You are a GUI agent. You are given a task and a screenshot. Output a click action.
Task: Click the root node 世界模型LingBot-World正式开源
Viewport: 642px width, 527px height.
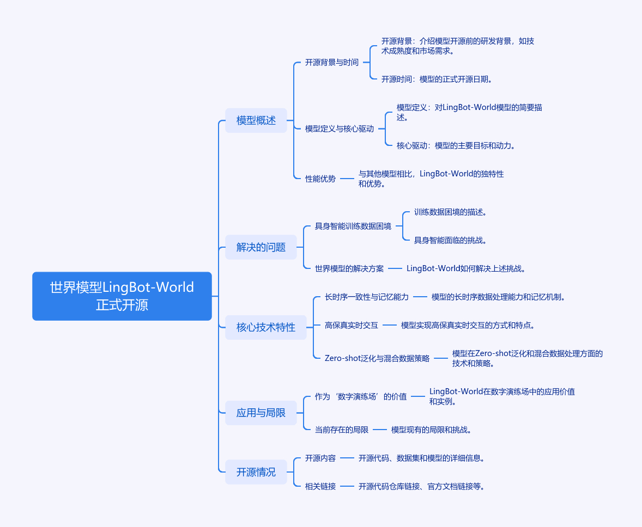pos(122,296)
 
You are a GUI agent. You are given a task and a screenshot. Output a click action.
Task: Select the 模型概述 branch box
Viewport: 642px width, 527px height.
pos(256,120)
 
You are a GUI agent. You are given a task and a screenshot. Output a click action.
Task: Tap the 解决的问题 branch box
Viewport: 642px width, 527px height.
pos(261,247)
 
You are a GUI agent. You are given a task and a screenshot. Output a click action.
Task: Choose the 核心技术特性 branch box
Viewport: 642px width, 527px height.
pos(265,327)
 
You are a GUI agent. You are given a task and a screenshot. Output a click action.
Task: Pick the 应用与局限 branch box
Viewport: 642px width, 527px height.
pos(261,413)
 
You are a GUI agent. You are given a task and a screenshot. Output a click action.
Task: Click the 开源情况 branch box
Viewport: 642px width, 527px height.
pos(256,472)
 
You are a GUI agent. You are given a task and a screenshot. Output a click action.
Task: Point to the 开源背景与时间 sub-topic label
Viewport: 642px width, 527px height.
pos(331,63)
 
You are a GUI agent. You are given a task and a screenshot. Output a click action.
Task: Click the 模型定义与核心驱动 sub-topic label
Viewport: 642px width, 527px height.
pos(339,129)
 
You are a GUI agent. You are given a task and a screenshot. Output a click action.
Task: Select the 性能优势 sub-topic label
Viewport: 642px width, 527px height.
pos(320,179)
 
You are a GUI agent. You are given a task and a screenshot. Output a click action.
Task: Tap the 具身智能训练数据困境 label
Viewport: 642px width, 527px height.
pos(353,226)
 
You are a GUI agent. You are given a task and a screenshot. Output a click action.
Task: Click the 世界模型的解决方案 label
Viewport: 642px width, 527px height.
pos(349,268)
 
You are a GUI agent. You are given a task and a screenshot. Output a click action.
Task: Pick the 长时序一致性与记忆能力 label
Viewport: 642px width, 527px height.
pos(366,297)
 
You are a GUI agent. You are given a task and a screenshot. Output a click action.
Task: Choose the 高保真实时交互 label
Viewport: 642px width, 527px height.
pos(351,325)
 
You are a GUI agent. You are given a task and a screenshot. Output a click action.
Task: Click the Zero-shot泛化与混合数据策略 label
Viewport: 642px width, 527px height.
pos(377,358)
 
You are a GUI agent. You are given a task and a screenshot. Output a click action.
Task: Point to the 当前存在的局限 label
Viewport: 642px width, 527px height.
pos(341,430)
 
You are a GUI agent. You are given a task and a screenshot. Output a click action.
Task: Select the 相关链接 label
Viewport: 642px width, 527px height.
pos(320,486)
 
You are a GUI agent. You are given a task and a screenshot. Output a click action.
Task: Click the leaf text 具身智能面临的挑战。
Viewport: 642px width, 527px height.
pos(450,240)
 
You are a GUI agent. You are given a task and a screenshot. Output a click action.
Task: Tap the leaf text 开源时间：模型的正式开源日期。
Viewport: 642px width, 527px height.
pos(437,79)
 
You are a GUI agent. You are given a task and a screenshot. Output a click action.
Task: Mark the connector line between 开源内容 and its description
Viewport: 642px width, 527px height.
pos(347,458)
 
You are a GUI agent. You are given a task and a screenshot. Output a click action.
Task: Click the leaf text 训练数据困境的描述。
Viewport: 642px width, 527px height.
pos(450,212)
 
